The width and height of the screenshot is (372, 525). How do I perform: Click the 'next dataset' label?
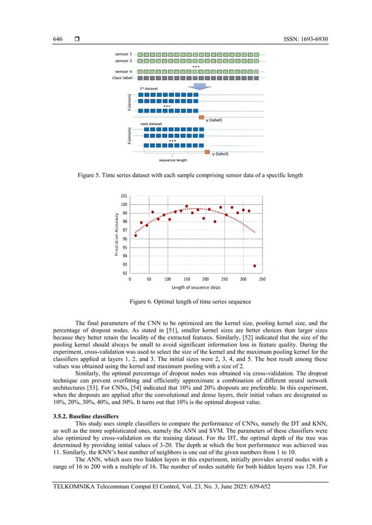coord(152,124)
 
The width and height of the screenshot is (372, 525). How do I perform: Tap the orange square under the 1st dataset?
coord(202,117)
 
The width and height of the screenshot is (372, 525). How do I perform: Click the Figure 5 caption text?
coord(185,175)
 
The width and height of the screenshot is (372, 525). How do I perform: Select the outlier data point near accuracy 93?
coord(255,266)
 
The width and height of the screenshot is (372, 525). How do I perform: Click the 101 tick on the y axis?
coord(124,196)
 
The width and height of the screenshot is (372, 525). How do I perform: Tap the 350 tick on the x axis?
coord(262,279)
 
